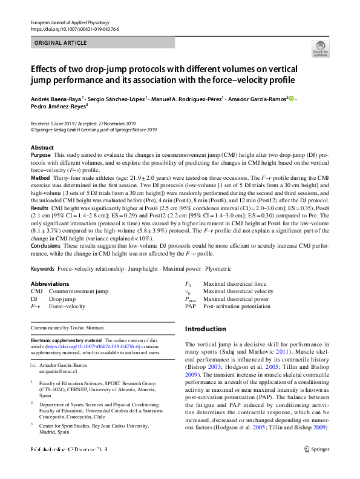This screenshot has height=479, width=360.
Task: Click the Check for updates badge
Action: coord(319,49)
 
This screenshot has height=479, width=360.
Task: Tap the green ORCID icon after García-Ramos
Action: coord(291,98)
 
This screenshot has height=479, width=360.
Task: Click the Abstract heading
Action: coord(42,148)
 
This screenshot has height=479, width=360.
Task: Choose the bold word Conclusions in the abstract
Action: coord(45,245)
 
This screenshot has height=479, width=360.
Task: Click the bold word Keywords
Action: coord(43,268)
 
